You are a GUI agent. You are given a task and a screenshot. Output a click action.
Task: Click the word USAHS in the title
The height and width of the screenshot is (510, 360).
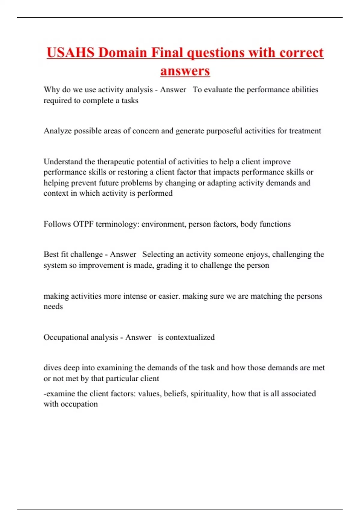tap(70, 53)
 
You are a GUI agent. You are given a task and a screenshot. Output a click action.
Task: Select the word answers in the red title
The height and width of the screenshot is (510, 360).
tap(185, 71)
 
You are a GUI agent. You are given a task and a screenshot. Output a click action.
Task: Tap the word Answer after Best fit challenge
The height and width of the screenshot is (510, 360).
tap(123, 254)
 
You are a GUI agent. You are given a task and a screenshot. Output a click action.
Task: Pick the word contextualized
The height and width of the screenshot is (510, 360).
tap(190, 337)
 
